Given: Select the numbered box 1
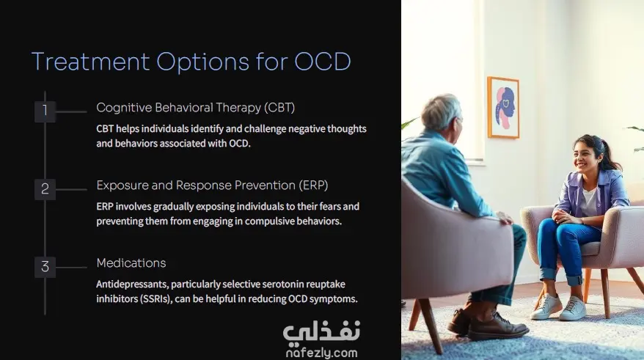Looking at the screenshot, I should [x=45, y=111].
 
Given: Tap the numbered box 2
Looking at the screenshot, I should [x=45, y=189].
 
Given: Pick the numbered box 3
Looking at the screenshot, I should [x=45, y=267].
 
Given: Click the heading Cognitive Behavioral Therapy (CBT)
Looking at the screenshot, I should [x=195, y=108].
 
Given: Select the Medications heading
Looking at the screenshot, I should [x=131, y=262].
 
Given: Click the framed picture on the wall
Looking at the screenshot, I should [x=503, y=107].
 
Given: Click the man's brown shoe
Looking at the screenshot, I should [x=499, y=326].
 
